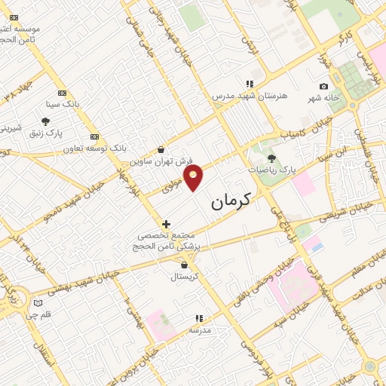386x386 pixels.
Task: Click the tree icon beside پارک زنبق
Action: point(46,121)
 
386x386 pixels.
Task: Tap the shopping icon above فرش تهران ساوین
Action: point(161,150)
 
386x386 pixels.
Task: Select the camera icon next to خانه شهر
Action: point(324,87)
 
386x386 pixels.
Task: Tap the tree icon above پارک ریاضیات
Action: point(271,158)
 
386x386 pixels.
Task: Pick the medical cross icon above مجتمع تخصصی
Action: point(167,224)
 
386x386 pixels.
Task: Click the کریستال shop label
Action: point(184,277)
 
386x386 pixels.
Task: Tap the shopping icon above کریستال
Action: point(184,265)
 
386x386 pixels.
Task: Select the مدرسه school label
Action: point(199,330)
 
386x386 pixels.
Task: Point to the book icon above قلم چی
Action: point(38,303)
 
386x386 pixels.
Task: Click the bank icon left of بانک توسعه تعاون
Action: point(94,136)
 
